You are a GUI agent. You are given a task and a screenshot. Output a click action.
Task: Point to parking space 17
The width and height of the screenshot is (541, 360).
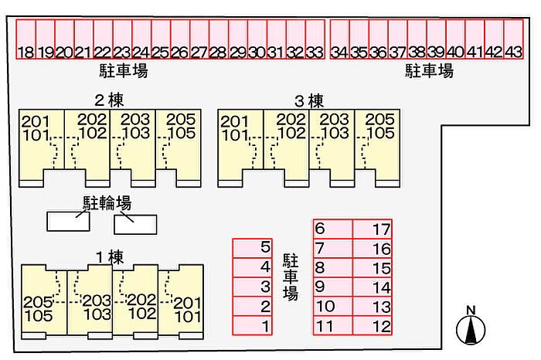373,229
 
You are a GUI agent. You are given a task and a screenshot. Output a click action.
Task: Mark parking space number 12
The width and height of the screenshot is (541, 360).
373,326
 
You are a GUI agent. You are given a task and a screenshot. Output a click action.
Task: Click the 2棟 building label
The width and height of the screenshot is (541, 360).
109,100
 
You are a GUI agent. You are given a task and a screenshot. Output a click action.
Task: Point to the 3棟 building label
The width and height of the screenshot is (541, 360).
308,100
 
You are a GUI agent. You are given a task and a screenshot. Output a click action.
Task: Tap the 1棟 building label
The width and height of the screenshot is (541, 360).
109,256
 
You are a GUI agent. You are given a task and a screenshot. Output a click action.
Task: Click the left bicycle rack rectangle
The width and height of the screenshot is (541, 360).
68,221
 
